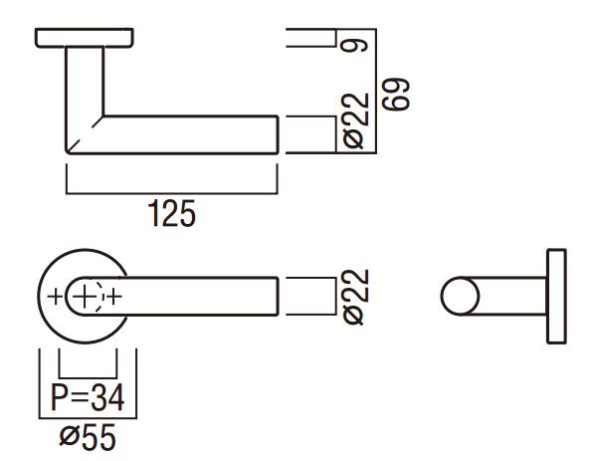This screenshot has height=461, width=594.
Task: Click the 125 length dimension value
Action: pos(171,213)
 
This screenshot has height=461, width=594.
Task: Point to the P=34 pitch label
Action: pos(88,399)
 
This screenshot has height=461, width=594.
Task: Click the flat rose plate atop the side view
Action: pos(85,37)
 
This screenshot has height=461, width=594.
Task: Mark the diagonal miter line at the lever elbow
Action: pos(84,133)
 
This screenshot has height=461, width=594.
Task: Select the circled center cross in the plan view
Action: pos(88,296)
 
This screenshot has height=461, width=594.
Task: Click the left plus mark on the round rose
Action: pos(54,296)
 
